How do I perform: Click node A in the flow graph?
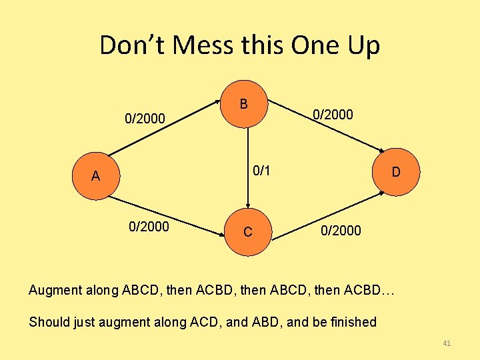pos(95,177)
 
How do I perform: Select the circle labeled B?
pos(245,105)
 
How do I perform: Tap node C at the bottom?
pos(247,232)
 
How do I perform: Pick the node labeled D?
pos(396,173)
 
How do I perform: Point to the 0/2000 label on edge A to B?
pos(145,119)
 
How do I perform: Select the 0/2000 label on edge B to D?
pos(333,115)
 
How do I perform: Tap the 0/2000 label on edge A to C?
pos(149,227)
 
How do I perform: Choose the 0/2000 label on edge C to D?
pos(341,231)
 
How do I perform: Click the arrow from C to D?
pos(327,213)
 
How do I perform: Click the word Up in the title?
pos(363,45)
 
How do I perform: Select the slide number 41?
pos(447,343)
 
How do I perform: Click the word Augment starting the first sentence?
pos(55,290)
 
